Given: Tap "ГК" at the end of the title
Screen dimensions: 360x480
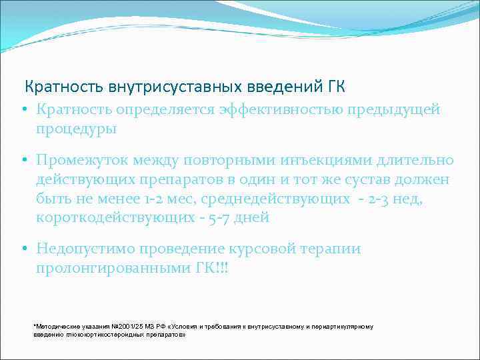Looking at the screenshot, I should coord(335,87).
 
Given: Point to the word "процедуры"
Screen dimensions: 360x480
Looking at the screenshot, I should coord(77,129).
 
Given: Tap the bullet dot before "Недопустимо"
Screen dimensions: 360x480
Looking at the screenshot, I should coord(23,249).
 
